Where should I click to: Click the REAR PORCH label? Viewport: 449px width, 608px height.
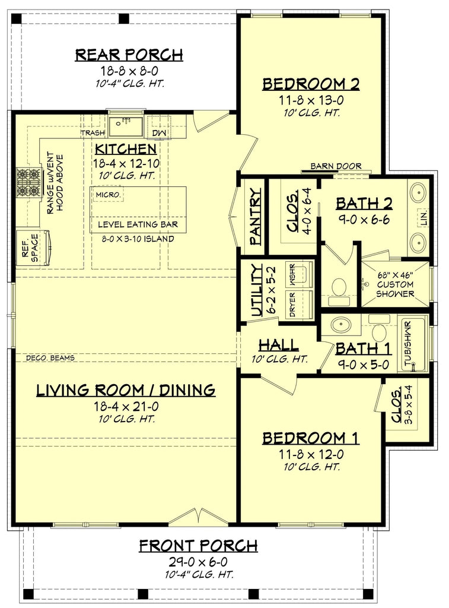pos(129,55)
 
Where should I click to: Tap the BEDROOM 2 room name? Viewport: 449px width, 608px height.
pos(311,84)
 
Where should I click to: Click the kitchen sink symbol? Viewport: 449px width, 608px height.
pos(125,125)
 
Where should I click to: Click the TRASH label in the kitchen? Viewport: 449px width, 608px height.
pos(93,134)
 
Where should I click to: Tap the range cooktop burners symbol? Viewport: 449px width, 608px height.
pos(27,183)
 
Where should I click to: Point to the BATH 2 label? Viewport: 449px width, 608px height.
pos(364,204)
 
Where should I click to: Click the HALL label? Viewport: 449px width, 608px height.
pos(278,346)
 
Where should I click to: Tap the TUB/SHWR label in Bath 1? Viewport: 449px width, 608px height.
pos(407,344)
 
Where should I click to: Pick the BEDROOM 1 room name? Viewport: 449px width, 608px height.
pos(311,438)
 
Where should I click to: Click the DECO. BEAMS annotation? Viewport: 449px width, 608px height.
pos(50,358)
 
